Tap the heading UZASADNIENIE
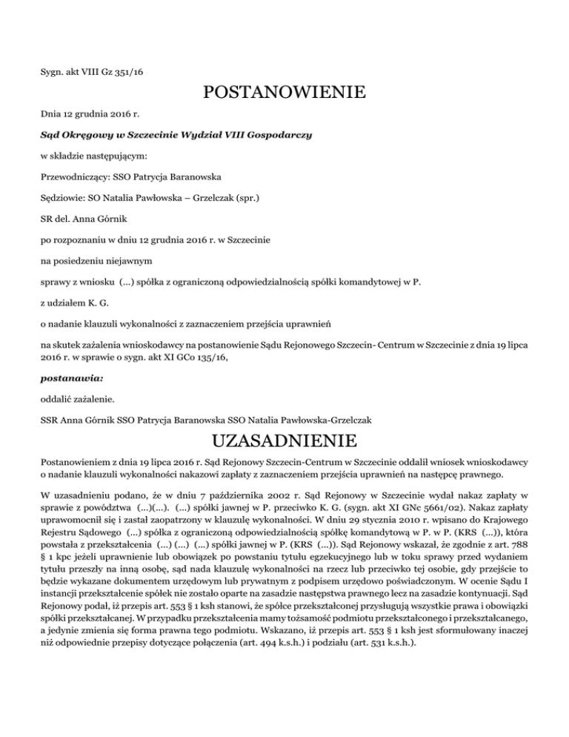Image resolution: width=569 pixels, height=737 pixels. coord(284,442)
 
